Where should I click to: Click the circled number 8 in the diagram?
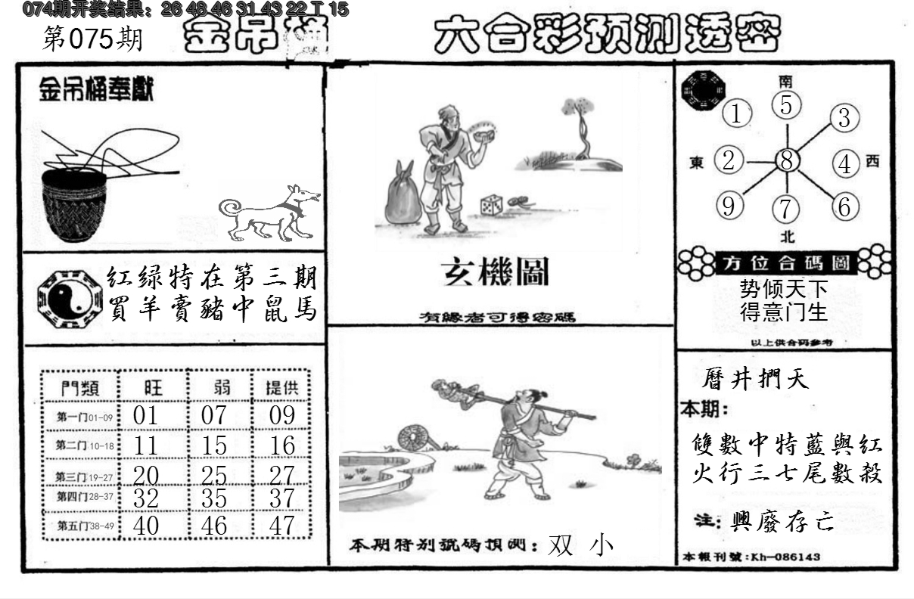coord(787,160)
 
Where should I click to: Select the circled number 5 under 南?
coord(787,106)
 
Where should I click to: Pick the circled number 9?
coord(729,206)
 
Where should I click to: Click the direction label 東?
coord(697,162)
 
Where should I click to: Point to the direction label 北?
coord(788,236)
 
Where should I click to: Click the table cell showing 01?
coord(146,415)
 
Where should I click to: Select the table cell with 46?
coord(214,525)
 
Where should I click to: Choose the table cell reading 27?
coord(282,475)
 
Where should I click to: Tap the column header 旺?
coord(152,388)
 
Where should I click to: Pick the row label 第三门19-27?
coord(82,476)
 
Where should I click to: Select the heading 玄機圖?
coord(496,273)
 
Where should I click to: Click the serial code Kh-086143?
coord(783,557)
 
